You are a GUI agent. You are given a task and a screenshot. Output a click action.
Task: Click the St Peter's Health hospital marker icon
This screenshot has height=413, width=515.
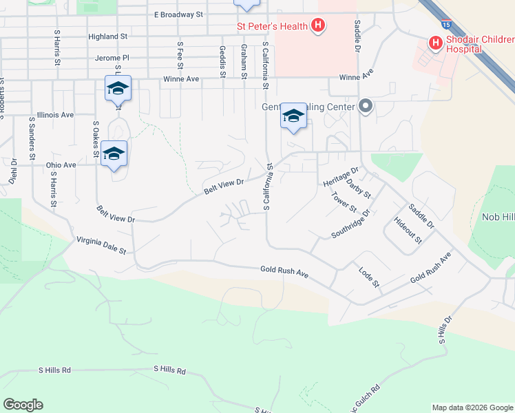[317, 26]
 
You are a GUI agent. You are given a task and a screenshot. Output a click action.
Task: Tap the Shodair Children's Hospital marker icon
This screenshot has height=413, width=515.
[435, 43]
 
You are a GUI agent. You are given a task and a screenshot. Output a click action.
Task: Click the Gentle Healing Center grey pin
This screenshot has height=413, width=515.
[366, 107]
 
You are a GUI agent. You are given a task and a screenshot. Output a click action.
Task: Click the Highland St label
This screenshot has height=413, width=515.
[108, 36]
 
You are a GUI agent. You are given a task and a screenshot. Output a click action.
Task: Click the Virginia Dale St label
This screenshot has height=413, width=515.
[101, 246]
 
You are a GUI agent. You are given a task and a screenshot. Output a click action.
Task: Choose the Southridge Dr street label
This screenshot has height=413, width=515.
[350, 223]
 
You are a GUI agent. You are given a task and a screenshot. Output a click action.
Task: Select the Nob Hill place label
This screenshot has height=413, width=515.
[498, 217]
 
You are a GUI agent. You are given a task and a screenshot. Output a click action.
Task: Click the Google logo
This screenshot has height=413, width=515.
[23, 405]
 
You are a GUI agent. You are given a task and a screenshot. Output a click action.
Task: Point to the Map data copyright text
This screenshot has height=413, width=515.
[472, 407]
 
